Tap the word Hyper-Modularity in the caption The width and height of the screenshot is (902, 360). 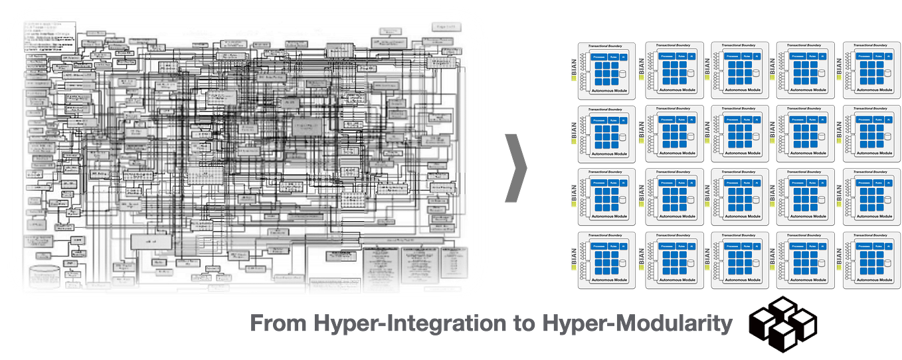638,325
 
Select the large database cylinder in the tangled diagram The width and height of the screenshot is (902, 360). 45,275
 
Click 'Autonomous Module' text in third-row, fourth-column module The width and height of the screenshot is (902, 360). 804,216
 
